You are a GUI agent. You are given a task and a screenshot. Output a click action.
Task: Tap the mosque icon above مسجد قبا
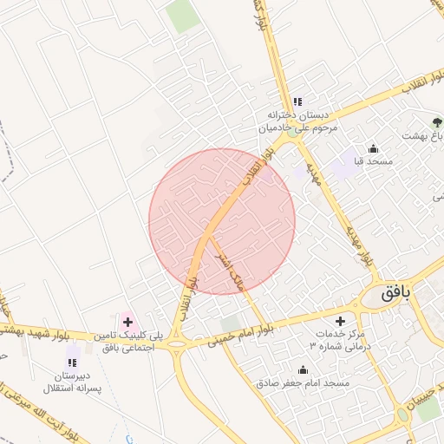[374, 148]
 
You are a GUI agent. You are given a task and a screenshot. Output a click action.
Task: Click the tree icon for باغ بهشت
[436, 122]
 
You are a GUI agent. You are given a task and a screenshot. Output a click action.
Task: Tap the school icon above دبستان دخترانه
[297, 101]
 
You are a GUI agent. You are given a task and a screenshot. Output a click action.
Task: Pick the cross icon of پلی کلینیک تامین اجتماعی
[128, 322]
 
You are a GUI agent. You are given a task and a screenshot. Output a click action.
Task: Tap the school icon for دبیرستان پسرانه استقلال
[72, 362]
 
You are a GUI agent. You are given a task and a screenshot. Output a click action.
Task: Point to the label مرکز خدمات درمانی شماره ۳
[339, 340]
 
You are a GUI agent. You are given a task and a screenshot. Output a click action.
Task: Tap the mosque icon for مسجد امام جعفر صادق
[303, 369]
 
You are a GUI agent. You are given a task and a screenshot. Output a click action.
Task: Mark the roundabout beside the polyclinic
[179, 345]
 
